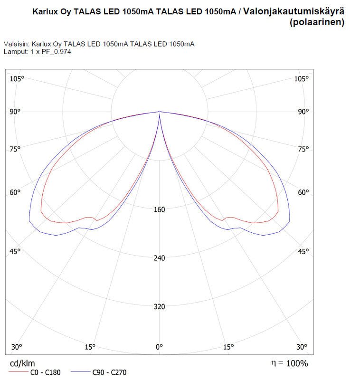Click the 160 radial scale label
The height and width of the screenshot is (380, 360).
160,209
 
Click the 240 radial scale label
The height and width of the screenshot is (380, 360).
160,258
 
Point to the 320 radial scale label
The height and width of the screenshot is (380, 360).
160,306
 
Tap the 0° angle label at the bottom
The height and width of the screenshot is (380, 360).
160,347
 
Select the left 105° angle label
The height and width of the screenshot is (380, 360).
17,78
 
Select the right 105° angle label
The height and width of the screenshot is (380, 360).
301,78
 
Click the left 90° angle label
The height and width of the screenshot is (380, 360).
16,112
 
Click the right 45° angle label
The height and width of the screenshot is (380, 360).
303,251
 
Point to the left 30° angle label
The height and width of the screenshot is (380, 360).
16,347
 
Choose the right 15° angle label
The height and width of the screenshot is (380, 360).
228,347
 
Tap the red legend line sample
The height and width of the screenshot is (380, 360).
18,372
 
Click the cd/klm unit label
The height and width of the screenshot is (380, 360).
22,363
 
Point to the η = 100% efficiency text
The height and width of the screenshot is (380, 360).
289,363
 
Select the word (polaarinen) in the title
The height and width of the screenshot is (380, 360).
317,22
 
